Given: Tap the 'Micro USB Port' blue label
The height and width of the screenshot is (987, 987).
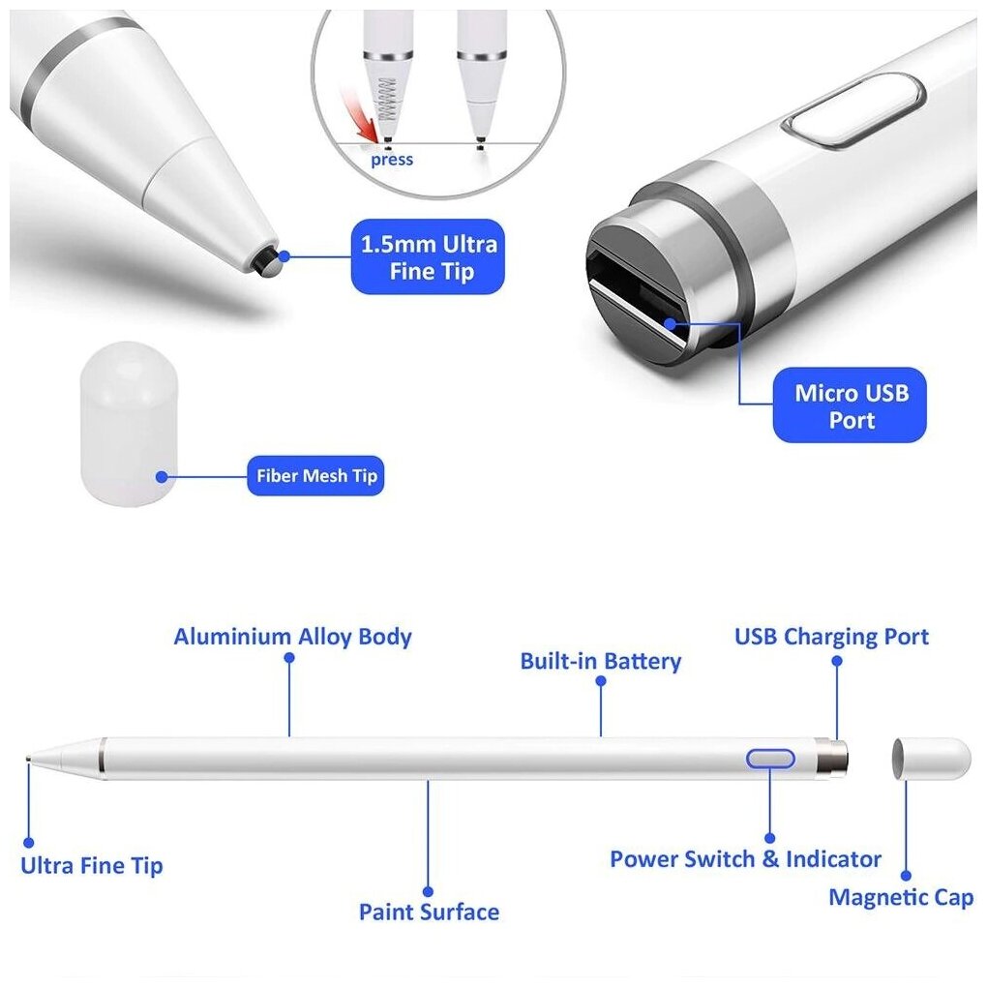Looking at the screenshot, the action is click(x=851, y=406).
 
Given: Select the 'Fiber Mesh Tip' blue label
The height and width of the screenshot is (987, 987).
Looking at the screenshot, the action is click(x=315, y=476).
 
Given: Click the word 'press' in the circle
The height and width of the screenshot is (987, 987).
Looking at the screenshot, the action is click(x=391, y=160).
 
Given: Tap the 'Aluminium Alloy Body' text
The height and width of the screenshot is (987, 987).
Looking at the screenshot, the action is click(x=292, y=637).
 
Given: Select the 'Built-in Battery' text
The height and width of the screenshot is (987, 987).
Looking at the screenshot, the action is click(x=600, y=662).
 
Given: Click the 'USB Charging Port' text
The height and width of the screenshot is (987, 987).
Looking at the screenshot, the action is click(x=831, y=637).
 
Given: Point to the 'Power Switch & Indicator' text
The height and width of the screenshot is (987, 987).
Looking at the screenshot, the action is click(x=745, y=858).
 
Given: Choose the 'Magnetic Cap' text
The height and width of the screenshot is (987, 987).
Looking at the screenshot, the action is click(x=900, y=897).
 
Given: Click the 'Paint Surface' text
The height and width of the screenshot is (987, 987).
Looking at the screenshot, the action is click(x=429, y=912).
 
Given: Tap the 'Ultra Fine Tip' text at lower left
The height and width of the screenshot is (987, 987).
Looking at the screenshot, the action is click(x=92, y=865).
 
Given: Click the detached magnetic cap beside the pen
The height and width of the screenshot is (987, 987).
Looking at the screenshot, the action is click(x=930, y=758).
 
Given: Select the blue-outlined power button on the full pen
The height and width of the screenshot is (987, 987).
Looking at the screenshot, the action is click(x=770, y=759).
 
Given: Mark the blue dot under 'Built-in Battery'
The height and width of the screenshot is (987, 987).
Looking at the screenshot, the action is click(x=601, y=680).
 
